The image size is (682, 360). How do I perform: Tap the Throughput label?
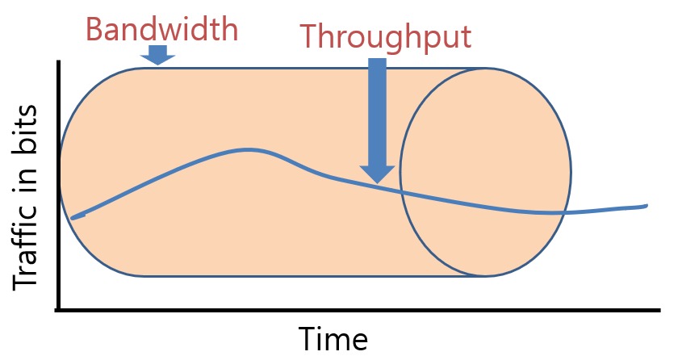pos(385,36)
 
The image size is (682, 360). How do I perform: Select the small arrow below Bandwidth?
pos(158,55)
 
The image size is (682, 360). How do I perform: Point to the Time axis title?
pos(333,338)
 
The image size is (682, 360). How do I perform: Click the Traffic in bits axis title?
pos(27,197)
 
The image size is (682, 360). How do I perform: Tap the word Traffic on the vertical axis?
pos(27,243)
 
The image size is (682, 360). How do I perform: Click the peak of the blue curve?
pos(249,149)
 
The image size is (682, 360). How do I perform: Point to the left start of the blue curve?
pos(73,217)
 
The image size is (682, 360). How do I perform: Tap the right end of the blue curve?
pos(646,206)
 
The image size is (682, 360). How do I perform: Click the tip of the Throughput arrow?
pos(377,181)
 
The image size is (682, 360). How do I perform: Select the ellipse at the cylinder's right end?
pos(485,172)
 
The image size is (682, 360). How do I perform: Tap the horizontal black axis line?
pos(363,309)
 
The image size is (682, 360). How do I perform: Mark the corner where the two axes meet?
pos(59,309)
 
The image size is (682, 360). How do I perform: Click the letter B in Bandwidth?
pos(94,29)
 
